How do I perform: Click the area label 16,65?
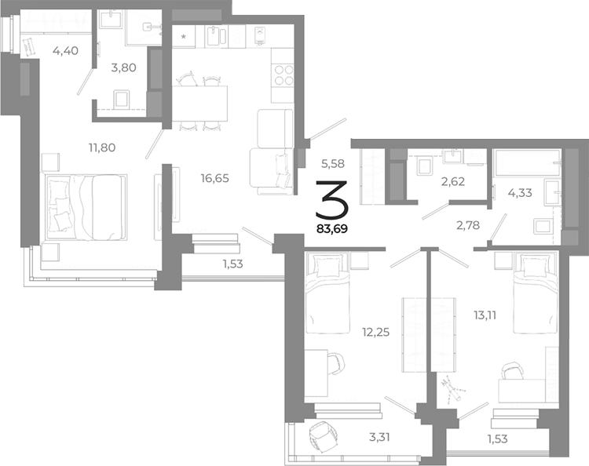point(214,178)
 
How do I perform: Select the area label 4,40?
point(65,52)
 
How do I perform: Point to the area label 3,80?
point(123,67)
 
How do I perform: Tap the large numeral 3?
point(333,199)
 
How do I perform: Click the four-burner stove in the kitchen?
point(283,75)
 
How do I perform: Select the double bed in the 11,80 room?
point(86,207)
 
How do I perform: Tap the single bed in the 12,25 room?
point(324,297)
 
